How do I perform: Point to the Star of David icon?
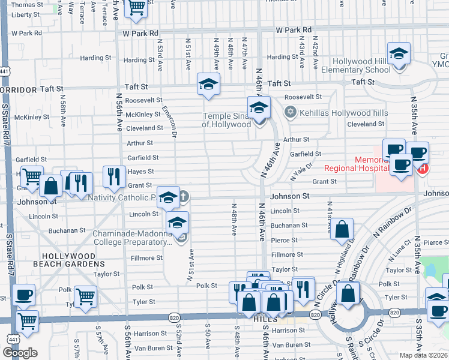pos(290,112)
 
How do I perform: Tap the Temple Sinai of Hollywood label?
pos(226,120)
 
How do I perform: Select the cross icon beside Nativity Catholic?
pos(184,196)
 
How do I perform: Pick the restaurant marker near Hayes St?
pos(114,176)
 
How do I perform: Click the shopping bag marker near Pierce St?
pos(342,229)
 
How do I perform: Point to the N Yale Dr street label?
pos(302,172)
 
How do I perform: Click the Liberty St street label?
pos(25,14)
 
